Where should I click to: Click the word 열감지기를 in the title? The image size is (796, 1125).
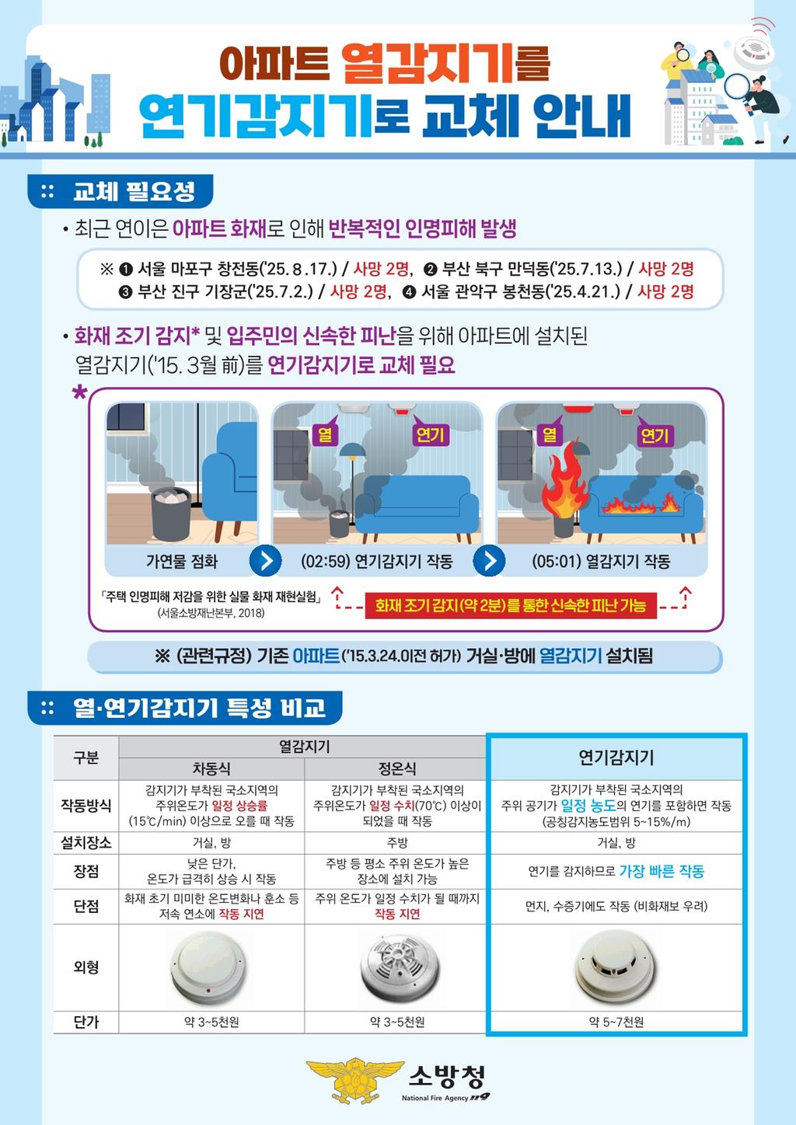point(445,64)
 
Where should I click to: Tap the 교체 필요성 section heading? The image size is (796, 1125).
point(134,192)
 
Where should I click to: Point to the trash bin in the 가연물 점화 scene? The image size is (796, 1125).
point(171,514)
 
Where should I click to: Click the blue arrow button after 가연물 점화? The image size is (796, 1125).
point(265,560)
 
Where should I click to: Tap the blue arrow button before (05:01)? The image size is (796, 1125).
point(489,560)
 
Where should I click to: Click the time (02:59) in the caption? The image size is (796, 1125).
point(325,561)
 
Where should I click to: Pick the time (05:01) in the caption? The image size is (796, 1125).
point(557,561)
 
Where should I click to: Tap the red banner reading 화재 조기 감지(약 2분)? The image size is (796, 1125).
point(511,605)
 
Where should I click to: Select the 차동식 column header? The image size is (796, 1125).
point(211,768)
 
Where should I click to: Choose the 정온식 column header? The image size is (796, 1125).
point(397,768)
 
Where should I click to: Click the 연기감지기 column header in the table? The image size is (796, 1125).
point(616,758)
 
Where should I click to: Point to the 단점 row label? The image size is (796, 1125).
point(86,906)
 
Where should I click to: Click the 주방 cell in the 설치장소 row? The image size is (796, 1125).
point(397,842)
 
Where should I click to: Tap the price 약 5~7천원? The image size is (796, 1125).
point(616,1022)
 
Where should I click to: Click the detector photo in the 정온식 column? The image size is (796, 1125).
point(398,967)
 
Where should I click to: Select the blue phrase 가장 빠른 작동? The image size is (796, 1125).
point(662,871)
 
